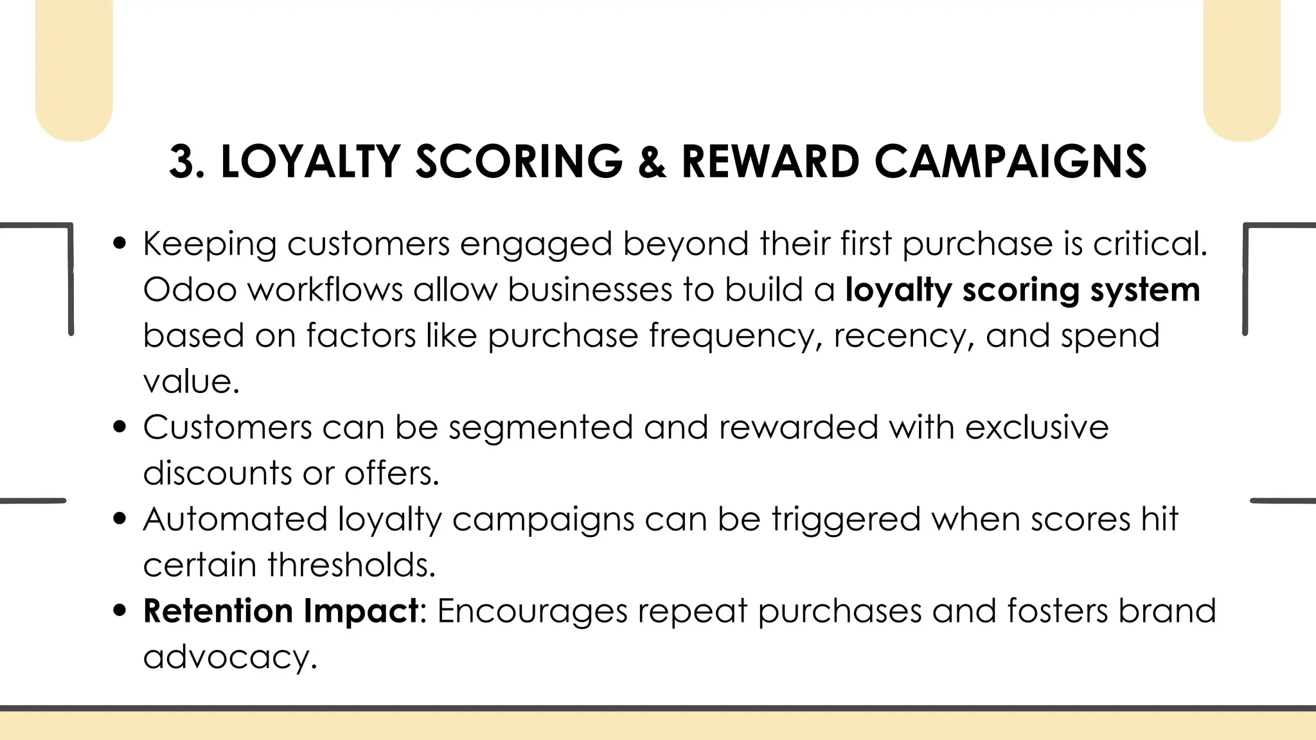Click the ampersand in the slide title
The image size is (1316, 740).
tap(652, 161)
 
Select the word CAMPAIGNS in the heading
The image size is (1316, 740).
tap(1010, 161)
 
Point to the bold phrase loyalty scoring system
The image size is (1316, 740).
tap(1022, 290)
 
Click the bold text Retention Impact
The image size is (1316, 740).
tap(281, 611)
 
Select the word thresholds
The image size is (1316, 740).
tap(351, 565)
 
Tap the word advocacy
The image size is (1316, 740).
tap(229, 657)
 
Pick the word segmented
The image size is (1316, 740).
tap(540, 427)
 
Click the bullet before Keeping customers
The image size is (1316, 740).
tap(119, 244)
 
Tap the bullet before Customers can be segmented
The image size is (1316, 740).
tap(119, 427)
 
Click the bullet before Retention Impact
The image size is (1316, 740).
tap(119, 611)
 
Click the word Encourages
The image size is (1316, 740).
tap(532, 611)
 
